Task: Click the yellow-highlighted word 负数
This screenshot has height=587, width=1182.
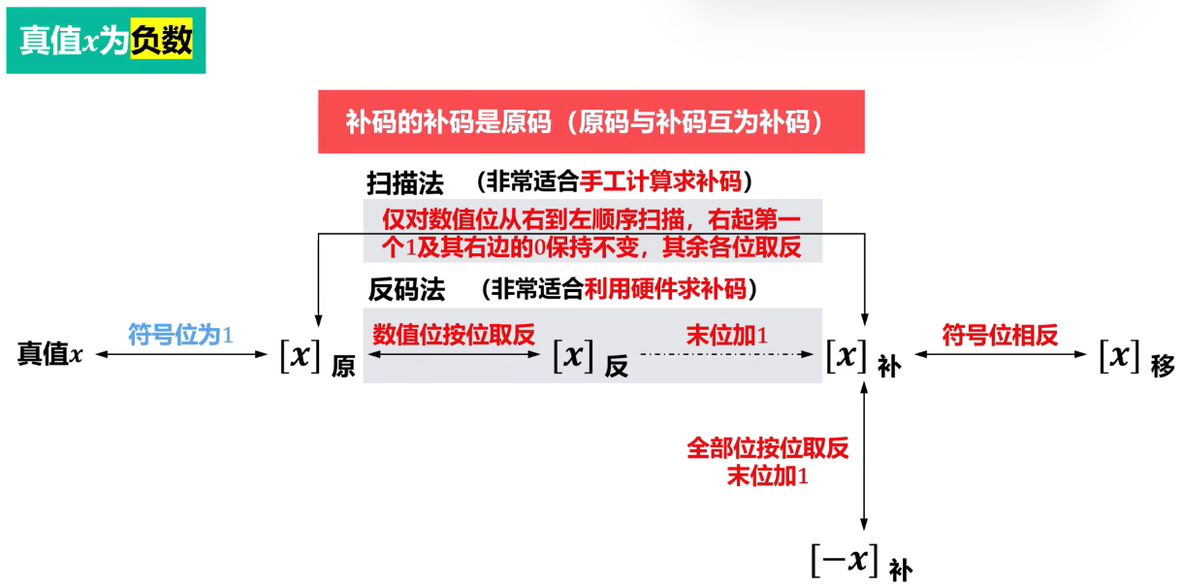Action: [162, 40]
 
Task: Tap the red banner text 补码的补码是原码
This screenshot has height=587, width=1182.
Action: [449, 122]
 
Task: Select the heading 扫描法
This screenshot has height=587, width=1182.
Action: [405, 183]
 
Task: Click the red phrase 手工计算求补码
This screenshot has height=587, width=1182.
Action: [660, 181]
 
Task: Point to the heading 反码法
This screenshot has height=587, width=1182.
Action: [406, 289]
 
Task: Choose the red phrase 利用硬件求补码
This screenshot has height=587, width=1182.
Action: [665, 288]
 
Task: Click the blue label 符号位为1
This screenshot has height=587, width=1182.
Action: [180, 335]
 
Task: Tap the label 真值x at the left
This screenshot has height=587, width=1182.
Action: [50, 353]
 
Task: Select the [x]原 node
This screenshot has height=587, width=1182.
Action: [318, 358]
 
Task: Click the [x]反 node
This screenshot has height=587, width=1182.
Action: [591, 358]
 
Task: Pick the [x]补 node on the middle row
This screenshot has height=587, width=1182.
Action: [863, 358]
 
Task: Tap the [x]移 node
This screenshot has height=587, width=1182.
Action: [1136, 358]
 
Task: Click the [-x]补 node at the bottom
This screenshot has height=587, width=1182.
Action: [862, 562]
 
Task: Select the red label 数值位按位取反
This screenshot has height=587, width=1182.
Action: [454, 335]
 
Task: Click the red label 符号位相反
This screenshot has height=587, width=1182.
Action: [1000, 335]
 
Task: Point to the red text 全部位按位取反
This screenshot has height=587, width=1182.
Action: [768, 448]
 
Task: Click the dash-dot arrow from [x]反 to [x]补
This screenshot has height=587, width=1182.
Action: [727, 354]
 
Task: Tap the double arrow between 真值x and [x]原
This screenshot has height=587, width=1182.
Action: [181, 354]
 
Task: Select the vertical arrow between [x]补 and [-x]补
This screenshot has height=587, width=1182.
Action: [864, 456]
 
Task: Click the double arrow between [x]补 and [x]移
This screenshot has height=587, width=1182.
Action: [1001, 354]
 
